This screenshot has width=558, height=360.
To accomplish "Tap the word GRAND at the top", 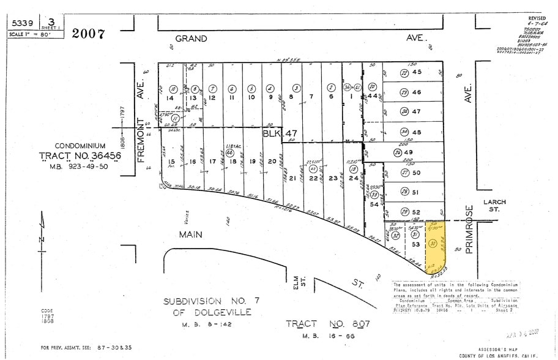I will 191,39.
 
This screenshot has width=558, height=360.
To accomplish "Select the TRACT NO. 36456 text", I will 80,157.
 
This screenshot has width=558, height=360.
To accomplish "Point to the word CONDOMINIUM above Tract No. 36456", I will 80,146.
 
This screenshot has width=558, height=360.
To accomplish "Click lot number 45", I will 417,72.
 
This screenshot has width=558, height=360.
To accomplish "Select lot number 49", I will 417,152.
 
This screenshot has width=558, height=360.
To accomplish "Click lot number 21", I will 292,178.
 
